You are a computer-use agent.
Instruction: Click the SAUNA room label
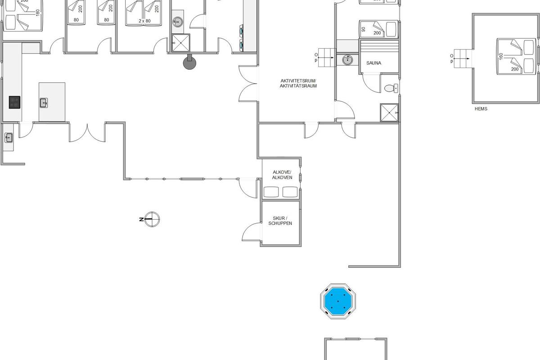tap(373, 63)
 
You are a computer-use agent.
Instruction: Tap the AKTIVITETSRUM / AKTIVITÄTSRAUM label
tap(298, 83)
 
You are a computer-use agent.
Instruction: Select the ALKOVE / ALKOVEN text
tap(282, 175)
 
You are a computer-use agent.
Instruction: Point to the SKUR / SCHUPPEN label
tap(280, 221)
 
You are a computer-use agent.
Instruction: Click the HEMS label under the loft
tap(481, 109)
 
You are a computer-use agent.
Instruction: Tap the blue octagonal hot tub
tap(337, 301)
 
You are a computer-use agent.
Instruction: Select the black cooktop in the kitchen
tap(15, 102)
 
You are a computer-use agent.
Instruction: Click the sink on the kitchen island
tap(44, 103)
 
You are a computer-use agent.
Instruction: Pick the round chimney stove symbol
tap(189, 63)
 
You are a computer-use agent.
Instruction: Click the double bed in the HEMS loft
tap(516, 56)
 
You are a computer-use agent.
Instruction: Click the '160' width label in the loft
tap(501, 56)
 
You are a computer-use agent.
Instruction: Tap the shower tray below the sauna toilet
tap(389, 112)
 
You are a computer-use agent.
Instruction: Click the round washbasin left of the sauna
tap(347, 59)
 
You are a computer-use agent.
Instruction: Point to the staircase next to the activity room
tap(327, 57)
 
